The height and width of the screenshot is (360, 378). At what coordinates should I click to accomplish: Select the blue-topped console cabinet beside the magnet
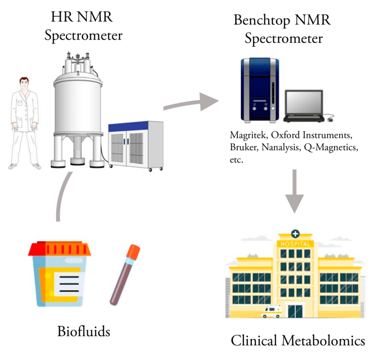tap(135, 144)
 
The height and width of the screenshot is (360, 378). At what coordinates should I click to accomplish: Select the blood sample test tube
tap(125, 275)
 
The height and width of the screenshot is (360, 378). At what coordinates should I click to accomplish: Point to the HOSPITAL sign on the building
tap(295, 244)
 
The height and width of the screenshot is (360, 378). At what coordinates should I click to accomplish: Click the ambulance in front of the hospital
tap(271, 312)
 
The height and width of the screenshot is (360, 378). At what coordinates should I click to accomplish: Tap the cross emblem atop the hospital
tap(295, 233)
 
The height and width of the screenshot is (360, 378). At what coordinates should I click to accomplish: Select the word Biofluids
tap(83, 331)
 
